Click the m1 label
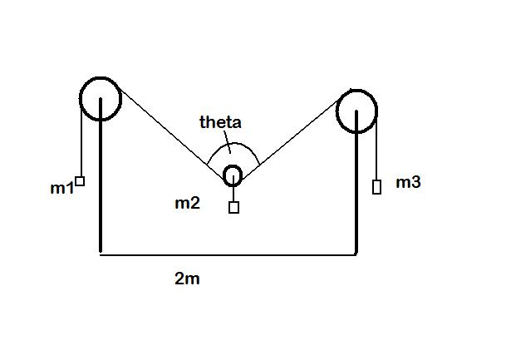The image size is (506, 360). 62,188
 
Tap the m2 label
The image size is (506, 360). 187,203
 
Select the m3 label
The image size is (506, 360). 408,182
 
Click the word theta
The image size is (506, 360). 220,122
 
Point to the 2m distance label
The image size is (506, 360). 187,279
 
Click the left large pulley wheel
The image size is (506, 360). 81,99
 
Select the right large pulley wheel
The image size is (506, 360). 337,111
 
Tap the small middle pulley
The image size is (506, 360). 224,176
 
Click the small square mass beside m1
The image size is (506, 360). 80,181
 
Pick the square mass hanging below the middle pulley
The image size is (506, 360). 234,207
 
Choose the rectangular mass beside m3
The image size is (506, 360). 376,187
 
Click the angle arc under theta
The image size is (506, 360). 233,143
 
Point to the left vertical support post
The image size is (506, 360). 101,175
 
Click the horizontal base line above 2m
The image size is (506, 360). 228,255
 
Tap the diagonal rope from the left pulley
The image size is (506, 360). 172,133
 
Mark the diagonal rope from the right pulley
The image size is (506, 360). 290,140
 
